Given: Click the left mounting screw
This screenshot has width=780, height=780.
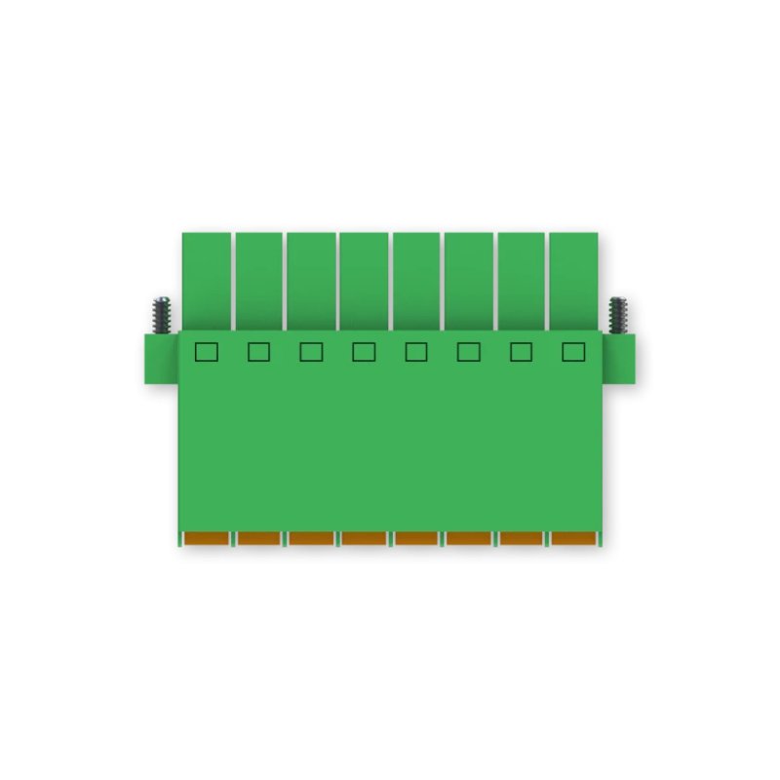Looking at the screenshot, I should pyautogui.click(x=162, y=315).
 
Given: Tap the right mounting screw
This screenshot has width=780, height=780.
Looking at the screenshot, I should pyautogui.click(x=617, y=315).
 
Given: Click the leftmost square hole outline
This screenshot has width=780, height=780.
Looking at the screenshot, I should pyautogui.click(x=206, y=352).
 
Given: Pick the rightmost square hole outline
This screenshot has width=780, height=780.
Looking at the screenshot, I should pyautogui.click(x=573, y=352).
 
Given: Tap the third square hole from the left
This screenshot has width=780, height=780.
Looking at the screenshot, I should pyautogui.click(x=311, y=352).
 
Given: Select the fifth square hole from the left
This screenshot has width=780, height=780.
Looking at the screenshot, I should pyautogui.click(x=416, y=352).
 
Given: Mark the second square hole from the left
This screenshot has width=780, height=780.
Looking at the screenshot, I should pyautogui.click(x=258, y=352).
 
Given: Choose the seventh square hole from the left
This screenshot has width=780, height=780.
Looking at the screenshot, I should pyautogui.click(x=521, y=352).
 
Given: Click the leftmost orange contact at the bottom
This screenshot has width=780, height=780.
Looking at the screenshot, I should pyautogui.click(x=206, y=538).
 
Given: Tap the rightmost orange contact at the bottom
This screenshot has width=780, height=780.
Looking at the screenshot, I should pyautogui.click(x=573, y=538).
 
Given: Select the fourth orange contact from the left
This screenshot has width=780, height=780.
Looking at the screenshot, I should pyautogui.click(x=364, y=538).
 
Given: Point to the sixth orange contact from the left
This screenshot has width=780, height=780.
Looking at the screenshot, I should pyautogui.click(x=469, y=538).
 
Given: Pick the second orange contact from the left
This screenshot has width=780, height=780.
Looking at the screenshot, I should pyautogui.click(x=258, y=538).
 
